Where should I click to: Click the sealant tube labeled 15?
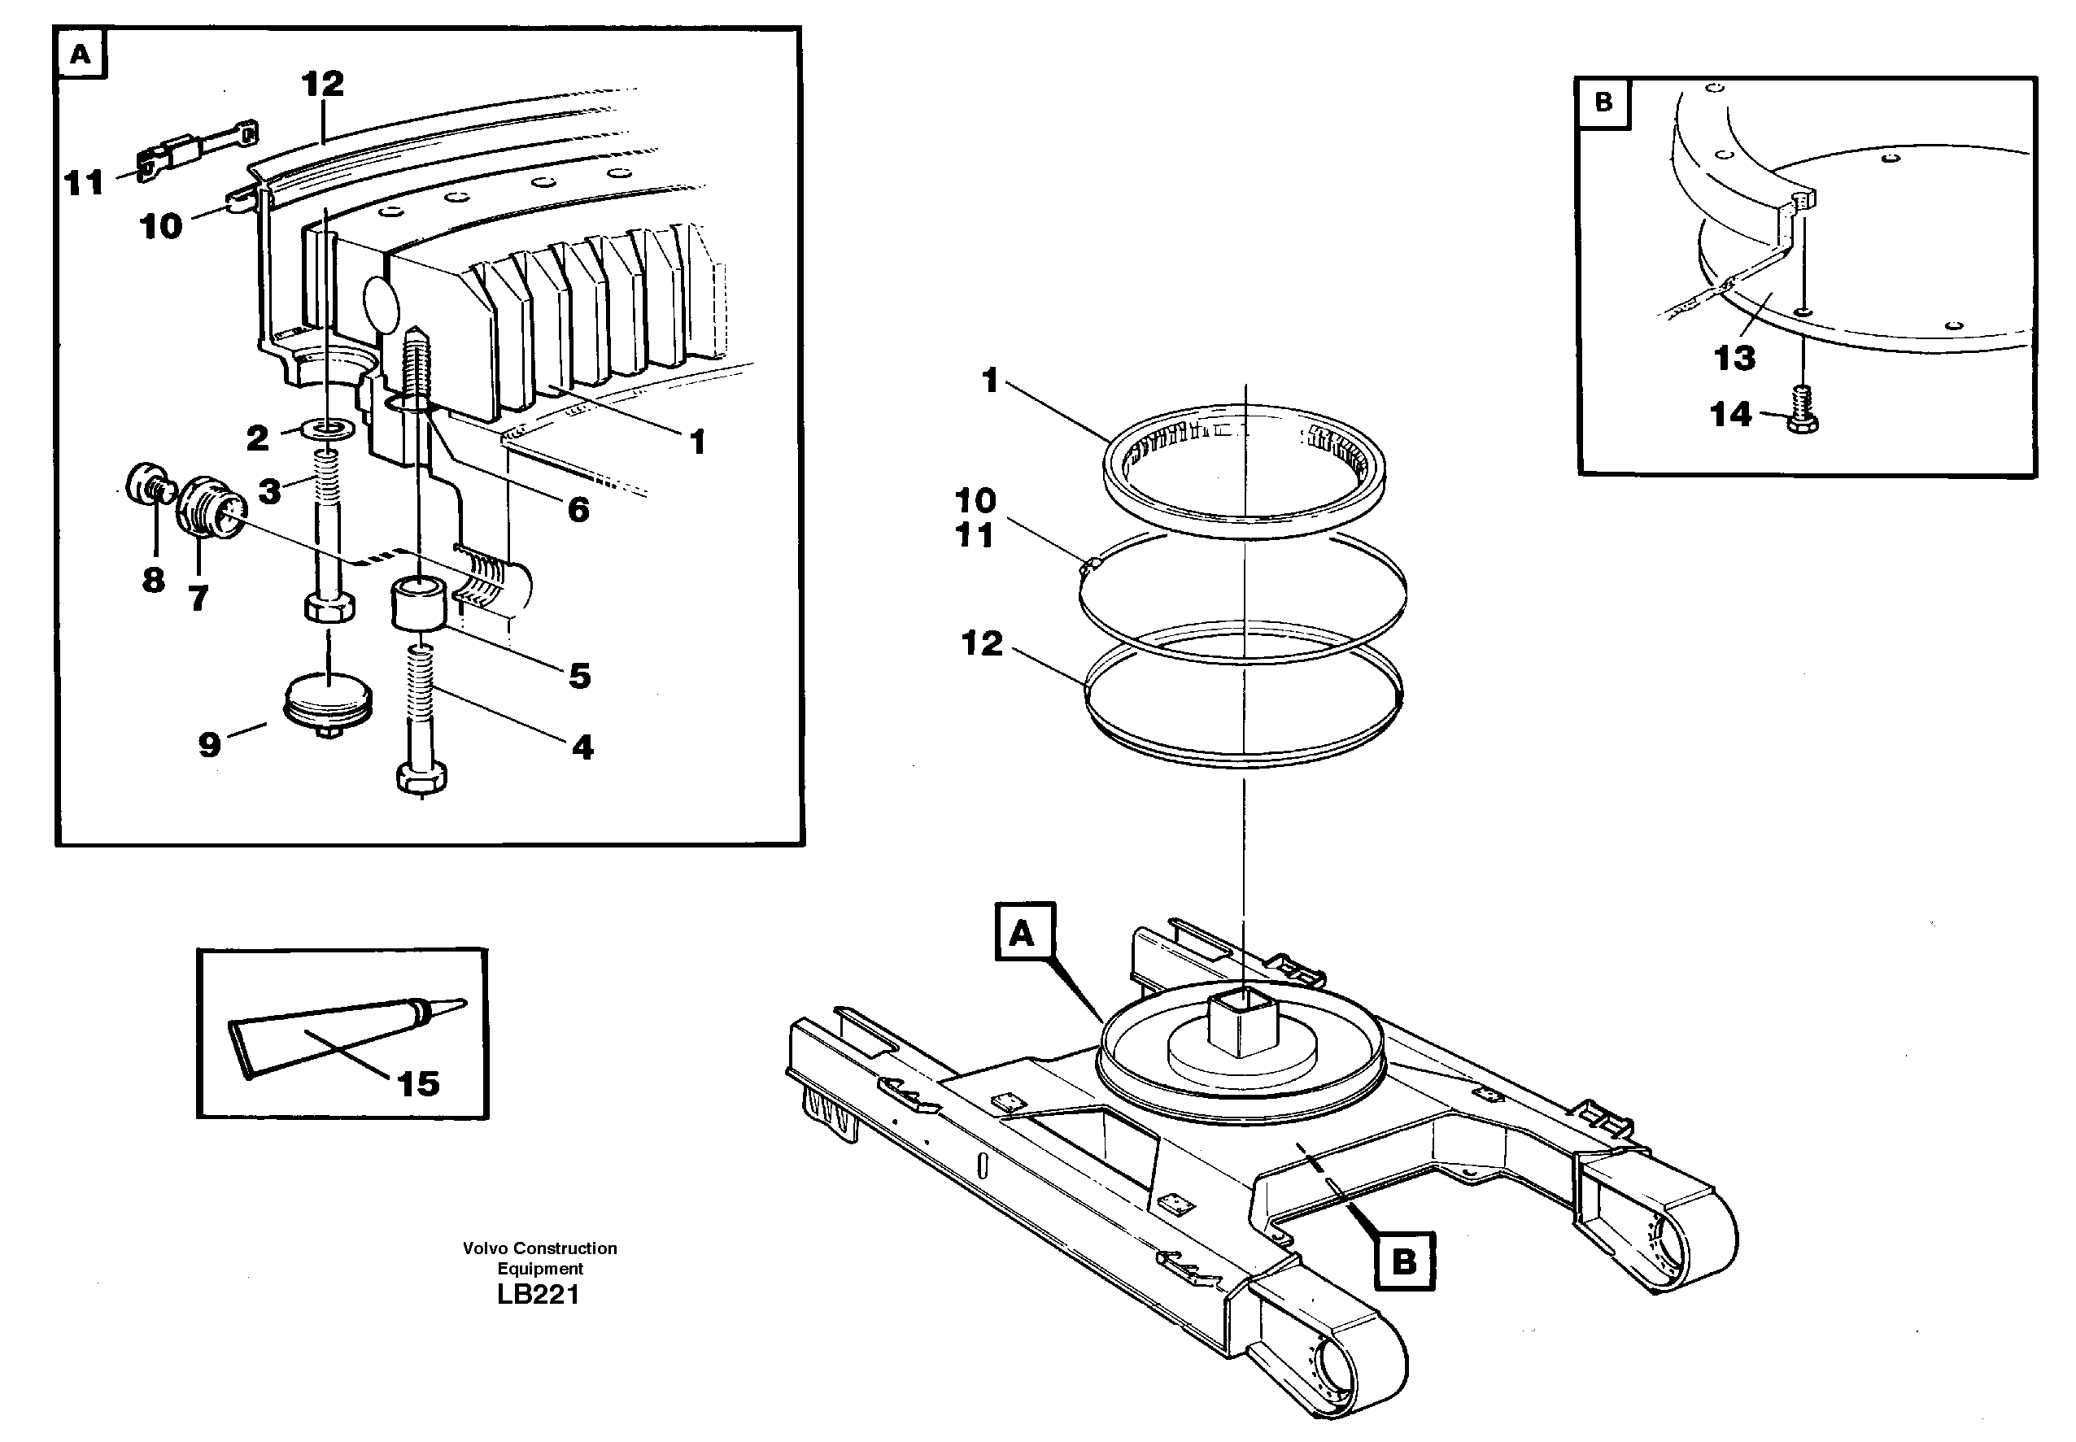[334, 1035]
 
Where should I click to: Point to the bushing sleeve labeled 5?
[418, 605]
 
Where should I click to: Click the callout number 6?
[578, 510]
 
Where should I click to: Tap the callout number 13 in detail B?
[1734, 358]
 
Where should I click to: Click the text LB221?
[538, 1294]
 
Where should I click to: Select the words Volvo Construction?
[539, 1248]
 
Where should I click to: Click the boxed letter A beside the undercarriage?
[1024, 931]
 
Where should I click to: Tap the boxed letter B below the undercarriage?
[1403, 1261]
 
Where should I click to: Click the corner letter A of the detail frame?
[81, 54]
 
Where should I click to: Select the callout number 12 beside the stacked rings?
[982, 643]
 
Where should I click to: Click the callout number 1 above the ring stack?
[990, 381]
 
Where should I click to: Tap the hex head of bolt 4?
[421, 777]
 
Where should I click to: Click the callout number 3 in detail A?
[269, 491]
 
